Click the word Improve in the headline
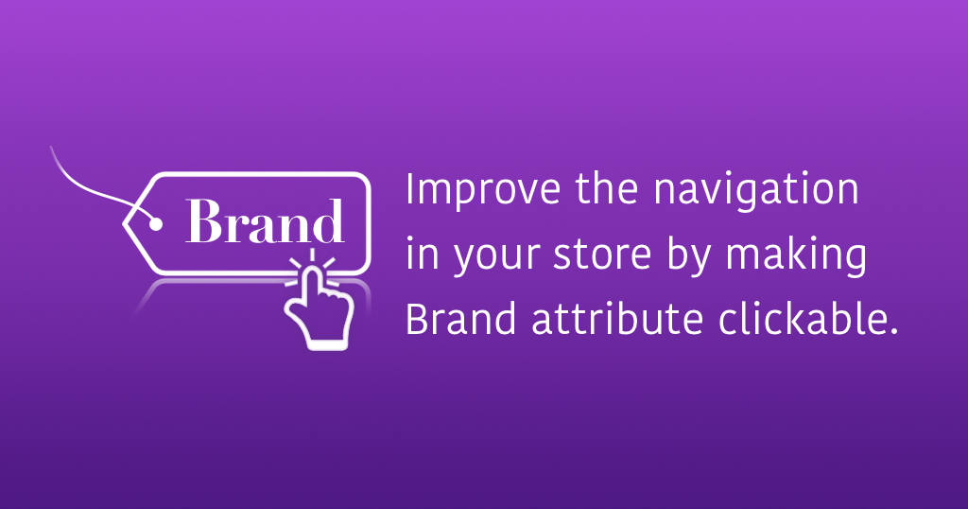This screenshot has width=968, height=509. (482, 191)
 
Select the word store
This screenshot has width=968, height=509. (602, 255)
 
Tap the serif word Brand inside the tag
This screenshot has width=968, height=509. (265, 221)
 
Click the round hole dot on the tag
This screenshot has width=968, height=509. (156, 223)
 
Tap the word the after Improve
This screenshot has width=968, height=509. (608, 191)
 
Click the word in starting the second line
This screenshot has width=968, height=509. (423, 254)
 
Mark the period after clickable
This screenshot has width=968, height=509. (892, 330)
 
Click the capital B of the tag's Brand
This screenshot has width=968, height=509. (203, 221)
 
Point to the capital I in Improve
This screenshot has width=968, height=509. (409, 190)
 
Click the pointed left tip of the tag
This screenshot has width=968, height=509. (123, 223)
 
